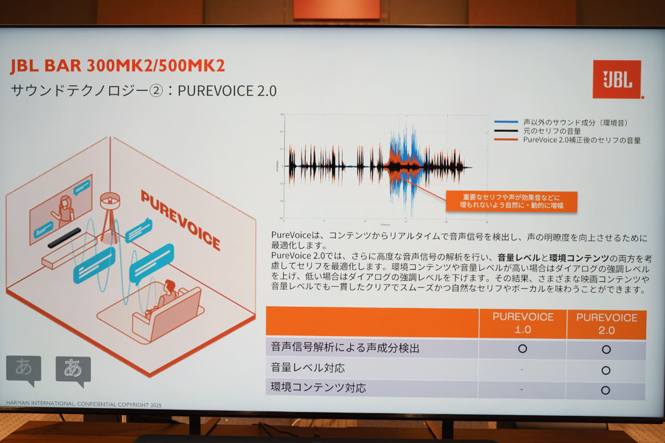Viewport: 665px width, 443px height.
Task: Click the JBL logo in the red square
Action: [616, 80]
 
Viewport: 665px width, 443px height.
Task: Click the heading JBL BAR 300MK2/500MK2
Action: [117, 65]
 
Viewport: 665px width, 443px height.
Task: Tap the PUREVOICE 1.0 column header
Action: [523, 323]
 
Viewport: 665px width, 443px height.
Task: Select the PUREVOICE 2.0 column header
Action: [606, 323]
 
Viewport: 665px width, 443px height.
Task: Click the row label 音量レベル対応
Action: [302, 368]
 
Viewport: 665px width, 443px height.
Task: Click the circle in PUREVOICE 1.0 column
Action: [522, 349]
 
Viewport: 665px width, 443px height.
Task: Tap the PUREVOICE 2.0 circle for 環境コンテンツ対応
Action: [605, 390]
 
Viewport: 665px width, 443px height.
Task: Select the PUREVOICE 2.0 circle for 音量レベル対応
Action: [606, 370]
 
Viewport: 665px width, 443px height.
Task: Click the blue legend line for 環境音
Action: [506, 122]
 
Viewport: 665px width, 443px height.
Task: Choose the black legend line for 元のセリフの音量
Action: [506, 131]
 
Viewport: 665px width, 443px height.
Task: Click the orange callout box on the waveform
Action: [511, 201]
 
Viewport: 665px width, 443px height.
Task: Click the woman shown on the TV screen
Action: [64, 210]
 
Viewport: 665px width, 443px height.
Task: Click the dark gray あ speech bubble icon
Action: [73, 370]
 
